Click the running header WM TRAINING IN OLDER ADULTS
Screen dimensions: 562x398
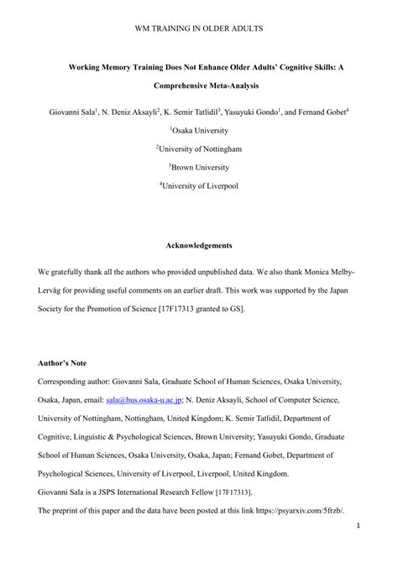pos(199,29)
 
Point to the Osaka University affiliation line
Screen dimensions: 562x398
pos(200,130)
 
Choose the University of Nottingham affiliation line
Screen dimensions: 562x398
pos(200,148)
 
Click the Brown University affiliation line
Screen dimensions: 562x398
pos(200,167)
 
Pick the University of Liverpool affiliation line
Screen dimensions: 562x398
pos(200,185)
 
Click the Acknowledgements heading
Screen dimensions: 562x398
pos(199,246)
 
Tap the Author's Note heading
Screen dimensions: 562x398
pos(63,363)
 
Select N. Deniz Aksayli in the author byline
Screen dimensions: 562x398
pos(131,110)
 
